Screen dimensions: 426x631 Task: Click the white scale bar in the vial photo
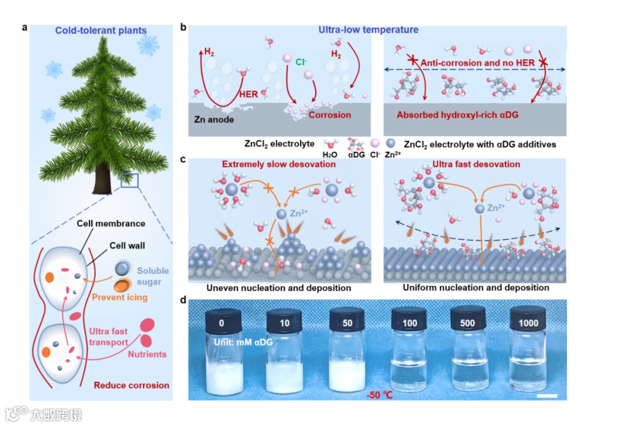point(546,396)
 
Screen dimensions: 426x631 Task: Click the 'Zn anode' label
point(214,120)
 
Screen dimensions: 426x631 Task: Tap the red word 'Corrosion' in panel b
point(330,115)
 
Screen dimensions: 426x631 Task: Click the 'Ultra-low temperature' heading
point(368,30)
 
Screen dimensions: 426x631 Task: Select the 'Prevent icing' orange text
point(120,298)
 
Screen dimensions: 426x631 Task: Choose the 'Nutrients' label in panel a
point(147,354)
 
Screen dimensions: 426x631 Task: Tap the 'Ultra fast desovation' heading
point(476,164)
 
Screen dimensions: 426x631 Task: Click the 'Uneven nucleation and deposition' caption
point(278,288)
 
